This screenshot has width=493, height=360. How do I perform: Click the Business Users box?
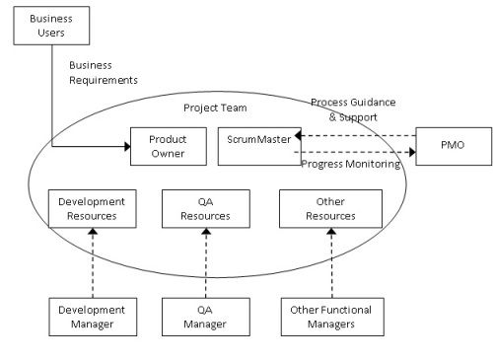tap(50, 26)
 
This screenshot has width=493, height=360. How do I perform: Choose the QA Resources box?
tap(205, 208)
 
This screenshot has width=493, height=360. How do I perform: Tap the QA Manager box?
tap(205, 316)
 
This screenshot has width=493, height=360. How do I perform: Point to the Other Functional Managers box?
tap(331, 316)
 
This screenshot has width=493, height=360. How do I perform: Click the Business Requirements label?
tap(103, 72)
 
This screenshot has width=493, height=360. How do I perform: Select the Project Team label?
tap(215, 108)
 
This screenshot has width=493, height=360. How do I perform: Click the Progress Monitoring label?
tap(350, 165)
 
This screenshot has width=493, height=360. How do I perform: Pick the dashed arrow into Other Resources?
tap(331, 261)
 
